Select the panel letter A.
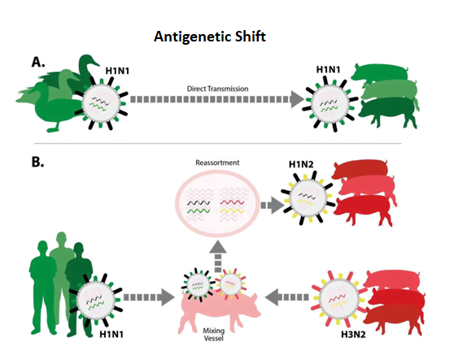(38, 62)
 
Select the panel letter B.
(38, 162)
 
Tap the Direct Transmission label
(217, 89)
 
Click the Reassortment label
(217, 163)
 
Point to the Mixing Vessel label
(214, 334)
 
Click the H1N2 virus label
(301, 164)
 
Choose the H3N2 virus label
(353, 334)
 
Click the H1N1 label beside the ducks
(117, 71)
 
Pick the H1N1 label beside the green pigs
(329, 70)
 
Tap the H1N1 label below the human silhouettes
(111, 334)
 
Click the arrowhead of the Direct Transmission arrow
(297, 99)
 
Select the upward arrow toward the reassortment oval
(218, 257)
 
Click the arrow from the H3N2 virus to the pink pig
(286, 297)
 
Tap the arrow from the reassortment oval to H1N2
(273, 205)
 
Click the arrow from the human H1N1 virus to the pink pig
(149, 297)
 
